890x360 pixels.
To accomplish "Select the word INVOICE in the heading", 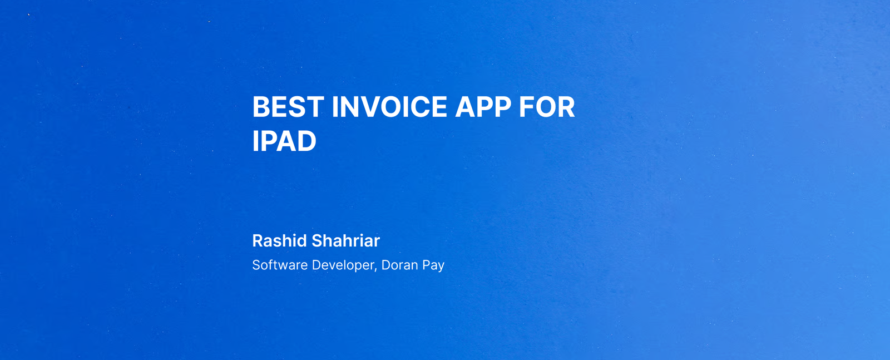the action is [389, 107].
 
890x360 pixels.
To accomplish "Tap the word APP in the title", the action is [483, 107].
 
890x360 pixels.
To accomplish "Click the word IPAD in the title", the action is [284, 141].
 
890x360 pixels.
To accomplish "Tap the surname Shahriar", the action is [345, 241].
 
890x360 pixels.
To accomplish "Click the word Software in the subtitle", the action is [280, 265].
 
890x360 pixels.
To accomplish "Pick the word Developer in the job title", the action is [343, 265].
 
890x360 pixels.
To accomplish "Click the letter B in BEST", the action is [261, 107].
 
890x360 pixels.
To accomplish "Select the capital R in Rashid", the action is [258, 241].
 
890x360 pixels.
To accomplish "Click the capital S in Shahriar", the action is [317, 241].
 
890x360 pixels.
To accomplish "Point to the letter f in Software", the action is [272, 265].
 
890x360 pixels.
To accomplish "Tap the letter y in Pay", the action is [441, 267].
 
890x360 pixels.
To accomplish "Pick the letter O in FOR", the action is [546, 107].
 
